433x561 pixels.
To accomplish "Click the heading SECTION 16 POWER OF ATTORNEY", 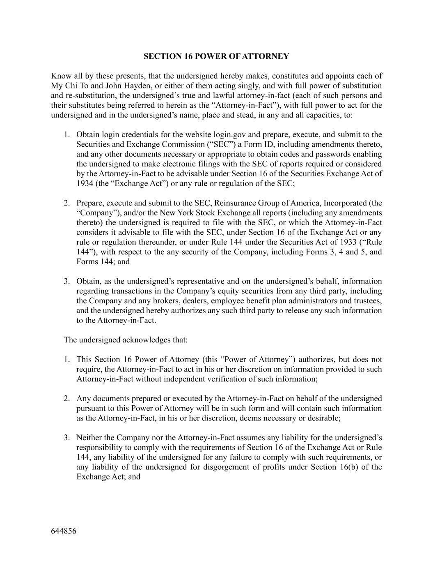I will click(x=216, y=56).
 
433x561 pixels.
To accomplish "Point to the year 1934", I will click(x=85, y=184).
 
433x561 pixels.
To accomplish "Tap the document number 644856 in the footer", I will click(x=64, y=531).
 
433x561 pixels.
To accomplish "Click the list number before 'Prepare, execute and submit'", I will click(x=66, y=203).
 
